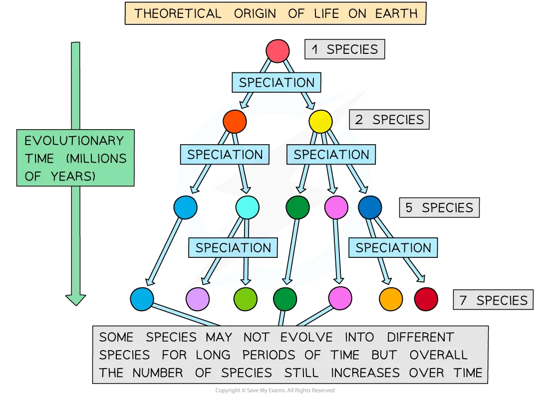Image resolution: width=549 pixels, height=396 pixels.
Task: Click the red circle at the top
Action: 277,51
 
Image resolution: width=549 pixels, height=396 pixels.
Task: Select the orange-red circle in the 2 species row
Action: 235,121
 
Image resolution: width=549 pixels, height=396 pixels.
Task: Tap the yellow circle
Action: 320,121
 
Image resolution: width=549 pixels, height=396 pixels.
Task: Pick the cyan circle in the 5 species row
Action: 248,207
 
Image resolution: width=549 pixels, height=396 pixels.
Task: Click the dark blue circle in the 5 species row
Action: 370,207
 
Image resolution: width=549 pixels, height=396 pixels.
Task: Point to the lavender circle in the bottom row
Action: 198,299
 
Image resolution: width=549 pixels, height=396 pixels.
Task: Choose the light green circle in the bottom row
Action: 246,299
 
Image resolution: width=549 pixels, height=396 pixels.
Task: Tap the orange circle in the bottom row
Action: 391,299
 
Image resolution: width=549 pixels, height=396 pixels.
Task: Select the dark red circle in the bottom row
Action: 426,299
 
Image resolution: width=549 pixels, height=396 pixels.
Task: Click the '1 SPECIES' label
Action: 345,49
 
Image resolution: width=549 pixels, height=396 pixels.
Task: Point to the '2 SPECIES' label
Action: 389,120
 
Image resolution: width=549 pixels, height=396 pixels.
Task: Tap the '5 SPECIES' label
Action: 439,208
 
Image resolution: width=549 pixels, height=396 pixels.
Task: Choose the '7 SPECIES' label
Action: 493,300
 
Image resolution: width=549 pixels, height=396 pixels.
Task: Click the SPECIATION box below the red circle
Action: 276,83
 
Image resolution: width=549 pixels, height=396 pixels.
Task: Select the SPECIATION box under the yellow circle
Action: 331,155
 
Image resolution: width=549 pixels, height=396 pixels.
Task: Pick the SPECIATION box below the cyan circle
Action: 233,248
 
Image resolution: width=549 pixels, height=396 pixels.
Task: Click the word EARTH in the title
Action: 396,13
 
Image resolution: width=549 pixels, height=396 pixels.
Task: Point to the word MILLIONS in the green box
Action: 96,159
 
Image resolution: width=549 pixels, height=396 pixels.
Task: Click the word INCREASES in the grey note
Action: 365,373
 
